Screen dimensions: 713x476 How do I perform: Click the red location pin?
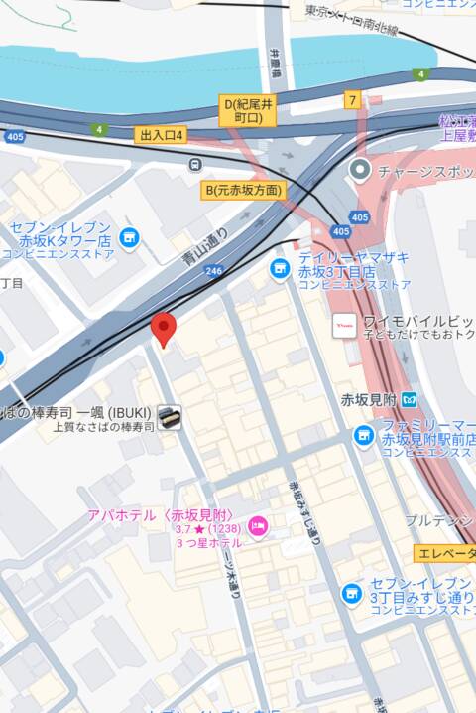(x=164, y=329)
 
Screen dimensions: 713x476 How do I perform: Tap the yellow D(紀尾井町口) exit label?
(x=246, y=109)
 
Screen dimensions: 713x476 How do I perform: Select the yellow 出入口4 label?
(x=163, y=134)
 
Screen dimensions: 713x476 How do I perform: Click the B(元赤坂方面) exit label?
(x=243, y=190)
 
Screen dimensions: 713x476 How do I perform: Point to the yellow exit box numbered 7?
(x=352, y=100)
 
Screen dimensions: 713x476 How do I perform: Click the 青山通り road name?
(x=205, y=247)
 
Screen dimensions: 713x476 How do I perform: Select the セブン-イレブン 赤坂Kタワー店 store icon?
(x=128, y=237)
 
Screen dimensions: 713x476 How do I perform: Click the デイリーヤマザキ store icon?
(x=281, y=268)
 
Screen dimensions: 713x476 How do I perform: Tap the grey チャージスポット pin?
(x=360, y=170)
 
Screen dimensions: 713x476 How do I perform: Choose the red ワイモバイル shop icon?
(x=344, y=325)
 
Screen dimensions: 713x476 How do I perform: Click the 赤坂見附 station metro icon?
(x=409, y=399)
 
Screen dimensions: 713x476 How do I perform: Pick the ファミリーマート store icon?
(x=364, y=435)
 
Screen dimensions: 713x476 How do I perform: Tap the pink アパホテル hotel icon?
(x=257, y=524)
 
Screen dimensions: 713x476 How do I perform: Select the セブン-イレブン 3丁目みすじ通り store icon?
(x=350, y=593)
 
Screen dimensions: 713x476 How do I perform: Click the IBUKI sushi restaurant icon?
(x=170, y=417)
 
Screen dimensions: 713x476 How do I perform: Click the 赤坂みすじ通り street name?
(x=303, y=511)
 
